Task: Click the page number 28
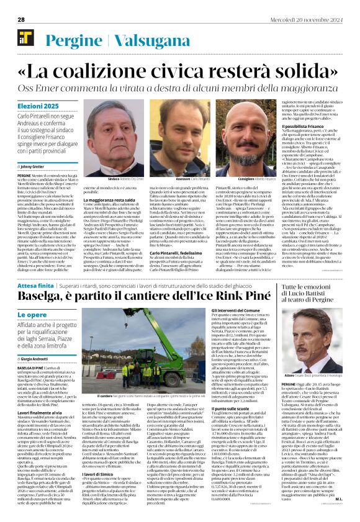(x=20, y=19)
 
